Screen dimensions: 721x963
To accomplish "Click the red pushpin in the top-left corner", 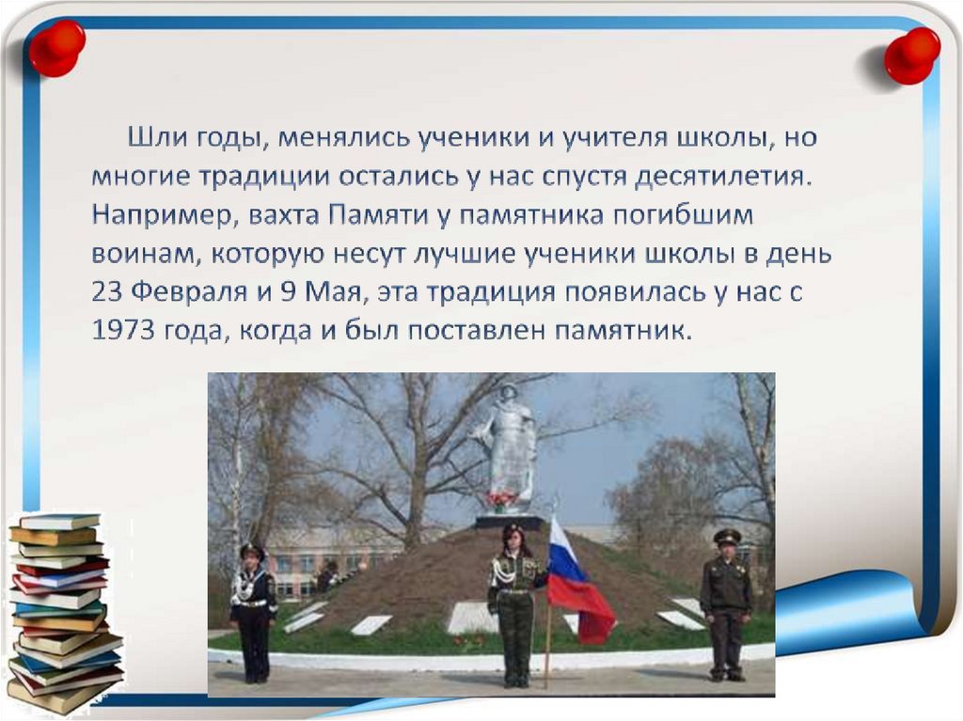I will [x=55, y=45].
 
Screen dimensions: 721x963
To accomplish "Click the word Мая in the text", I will [x=336, y=291].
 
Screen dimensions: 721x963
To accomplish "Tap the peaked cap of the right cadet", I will [x=727, y=537].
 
